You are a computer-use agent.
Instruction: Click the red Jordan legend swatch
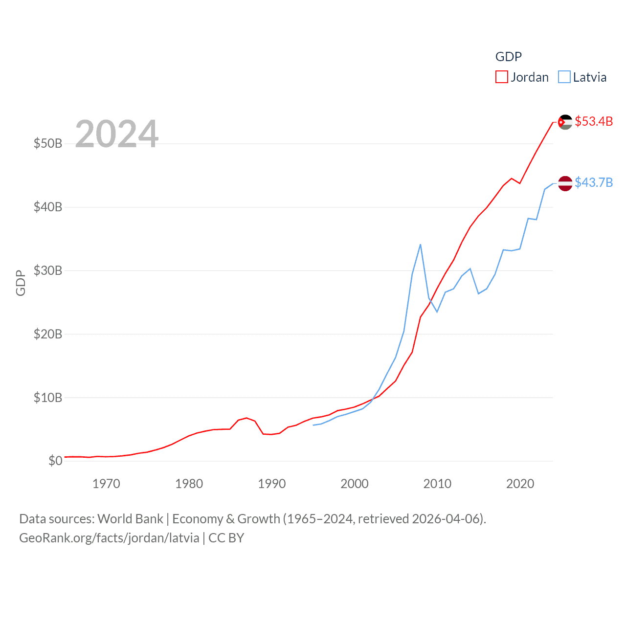pos(502,77)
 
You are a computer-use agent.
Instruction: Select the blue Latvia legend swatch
pos(564,77)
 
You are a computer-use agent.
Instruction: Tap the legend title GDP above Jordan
pos(509,57)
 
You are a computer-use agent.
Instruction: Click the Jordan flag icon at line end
pos(565,122)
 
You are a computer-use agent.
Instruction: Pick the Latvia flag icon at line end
pos(565,183)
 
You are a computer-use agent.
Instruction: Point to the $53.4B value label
pos(594,121)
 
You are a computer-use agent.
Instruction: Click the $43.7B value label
pos(594,182)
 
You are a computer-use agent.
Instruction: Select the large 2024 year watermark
pos(117,134)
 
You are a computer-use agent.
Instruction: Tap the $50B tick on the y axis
pos(48,143)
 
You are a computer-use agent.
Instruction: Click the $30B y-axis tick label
pos(48,270)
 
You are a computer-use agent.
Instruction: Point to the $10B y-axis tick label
pos(48,398)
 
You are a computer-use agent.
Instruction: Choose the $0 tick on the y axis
pos(55,461)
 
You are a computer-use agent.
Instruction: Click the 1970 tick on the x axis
pos(106,484)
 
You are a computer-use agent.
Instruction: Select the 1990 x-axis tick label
pos(272,484)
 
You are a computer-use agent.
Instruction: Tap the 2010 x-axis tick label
pos(437,484)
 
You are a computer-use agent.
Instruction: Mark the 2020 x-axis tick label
pos(520,484)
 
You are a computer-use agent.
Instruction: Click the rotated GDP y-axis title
pos(21,283)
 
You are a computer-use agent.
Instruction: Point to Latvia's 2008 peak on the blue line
pos(421,245)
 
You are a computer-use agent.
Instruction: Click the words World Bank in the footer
pos(131,518)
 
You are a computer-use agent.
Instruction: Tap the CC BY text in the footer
pos(226,538)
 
